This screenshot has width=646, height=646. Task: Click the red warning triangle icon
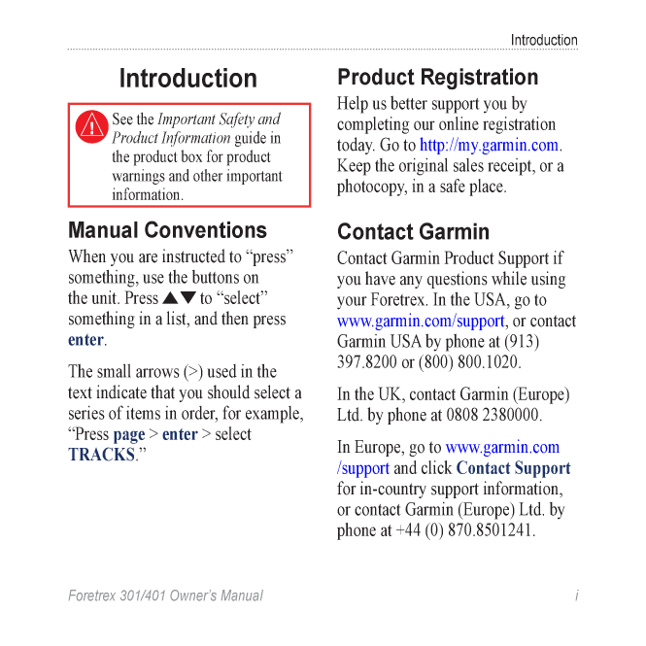(92, 124)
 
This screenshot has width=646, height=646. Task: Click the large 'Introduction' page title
(188, 79)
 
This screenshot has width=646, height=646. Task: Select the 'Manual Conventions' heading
(167, 231)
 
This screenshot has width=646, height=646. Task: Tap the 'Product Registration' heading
(437, 78)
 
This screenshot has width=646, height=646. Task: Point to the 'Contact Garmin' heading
(413, 232)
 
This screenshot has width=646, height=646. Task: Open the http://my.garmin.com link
(489, 146)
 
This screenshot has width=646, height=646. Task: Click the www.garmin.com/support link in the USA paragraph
(421, 322)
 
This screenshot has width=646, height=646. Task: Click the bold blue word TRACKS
(101, 455)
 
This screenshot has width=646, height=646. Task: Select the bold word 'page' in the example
(129, 434)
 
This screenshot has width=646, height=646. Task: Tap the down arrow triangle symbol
(188, 298)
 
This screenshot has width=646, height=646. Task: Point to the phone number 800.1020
(489, 362)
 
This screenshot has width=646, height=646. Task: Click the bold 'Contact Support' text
(513, 468)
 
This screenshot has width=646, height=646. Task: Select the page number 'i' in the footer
(576, 595)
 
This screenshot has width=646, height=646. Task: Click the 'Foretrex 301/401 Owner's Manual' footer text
(165, 595)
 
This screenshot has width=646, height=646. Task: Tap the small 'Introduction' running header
(544, 40)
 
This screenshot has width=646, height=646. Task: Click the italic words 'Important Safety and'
(219, 119)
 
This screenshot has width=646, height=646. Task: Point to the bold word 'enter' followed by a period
(85, 340)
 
